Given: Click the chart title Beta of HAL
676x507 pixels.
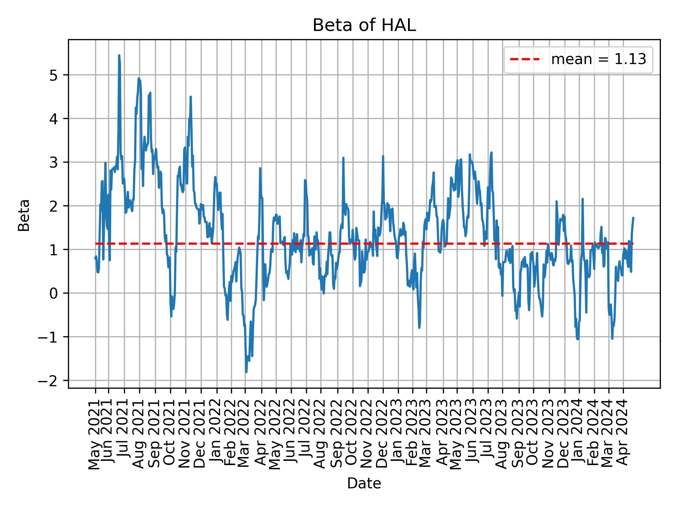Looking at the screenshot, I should point(364,26).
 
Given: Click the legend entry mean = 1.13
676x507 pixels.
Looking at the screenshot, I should point(599,60).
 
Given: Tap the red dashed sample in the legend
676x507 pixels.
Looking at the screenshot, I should point(525,60).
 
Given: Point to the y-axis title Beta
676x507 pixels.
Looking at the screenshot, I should point(24,215).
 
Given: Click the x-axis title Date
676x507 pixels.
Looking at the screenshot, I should point(364,483).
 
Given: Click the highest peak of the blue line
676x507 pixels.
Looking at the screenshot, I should point(119,55).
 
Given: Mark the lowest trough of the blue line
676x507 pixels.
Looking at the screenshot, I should point(246,372).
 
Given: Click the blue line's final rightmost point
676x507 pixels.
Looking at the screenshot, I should point(633,218).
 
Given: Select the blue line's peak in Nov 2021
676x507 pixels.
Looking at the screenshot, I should point(190,96).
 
